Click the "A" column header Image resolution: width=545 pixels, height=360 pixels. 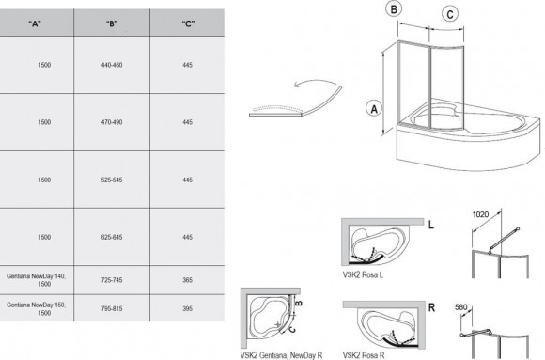click(x=35, y=23)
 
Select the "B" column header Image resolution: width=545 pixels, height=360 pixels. click(x=112, y=23)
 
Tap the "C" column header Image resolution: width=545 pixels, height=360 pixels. click(x=188, y=23)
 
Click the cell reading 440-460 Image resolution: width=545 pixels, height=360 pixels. click(x=112, y=65)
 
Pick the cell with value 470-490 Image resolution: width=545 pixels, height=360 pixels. click(x=112, y=122)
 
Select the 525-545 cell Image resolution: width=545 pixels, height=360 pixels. click(x=112, y=180)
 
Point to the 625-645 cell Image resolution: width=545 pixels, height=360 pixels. click(x=112, y=237)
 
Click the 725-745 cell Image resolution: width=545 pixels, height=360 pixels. click(x=112, y=280)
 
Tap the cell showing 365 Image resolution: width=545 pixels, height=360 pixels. click(x=187, y=280)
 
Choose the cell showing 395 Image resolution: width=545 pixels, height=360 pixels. click(x=187, y=308)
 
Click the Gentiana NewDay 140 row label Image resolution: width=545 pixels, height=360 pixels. click(x=36, y=280)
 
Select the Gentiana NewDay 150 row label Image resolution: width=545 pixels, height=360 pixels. click(x=36, y=309)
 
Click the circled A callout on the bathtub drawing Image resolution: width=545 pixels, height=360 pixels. click(x=374, y=109)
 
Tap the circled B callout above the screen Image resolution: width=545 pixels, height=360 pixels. click(x=394, y=9)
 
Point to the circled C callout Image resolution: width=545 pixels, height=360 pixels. click(x=450, y=15)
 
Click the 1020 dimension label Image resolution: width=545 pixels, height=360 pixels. click(x=480, y=214)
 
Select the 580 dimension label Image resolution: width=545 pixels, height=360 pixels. click(x=461, y=307)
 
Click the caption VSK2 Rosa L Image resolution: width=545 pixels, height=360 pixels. click(x=363, y=274)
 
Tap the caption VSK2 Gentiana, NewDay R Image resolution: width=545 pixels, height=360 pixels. click(x=281, y=355)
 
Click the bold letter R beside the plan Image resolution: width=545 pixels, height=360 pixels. click(x=431, y=307)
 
